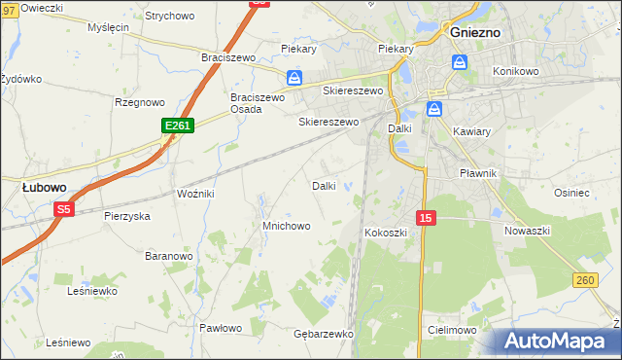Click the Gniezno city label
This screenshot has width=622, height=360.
(475, 31)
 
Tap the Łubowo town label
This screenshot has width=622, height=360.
(44, 186)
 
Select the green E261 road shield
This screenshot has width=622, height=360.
(178, 126)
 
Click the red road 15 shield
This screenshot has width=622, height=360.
(427, 218)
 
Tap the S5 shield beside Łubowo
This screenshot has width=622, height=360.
(64, 208)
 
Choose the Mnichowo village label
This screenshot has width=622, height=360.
(286, 226)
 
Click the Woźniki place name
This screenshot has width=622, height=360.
(194, 194)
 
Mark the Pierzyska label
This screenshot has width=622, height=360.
(126, 216)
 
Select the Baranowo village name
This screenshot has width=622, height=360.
(168, 256)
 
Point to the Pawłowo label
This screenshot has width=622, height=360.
(220, 328)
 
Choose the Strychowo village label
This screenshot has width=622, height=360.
(169, 17)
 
